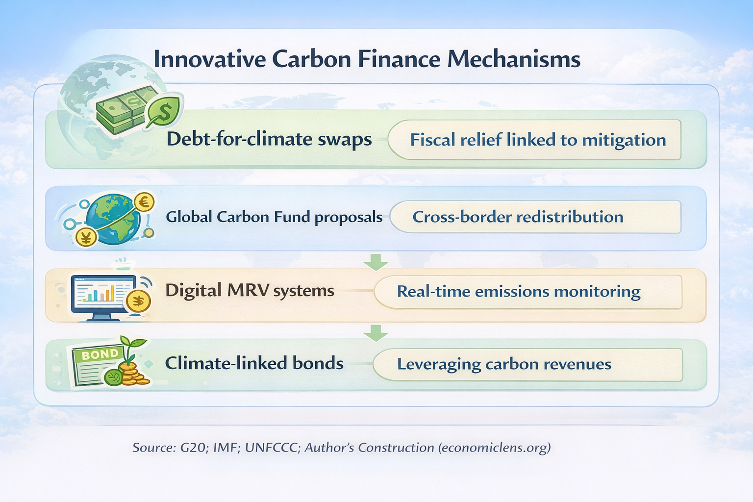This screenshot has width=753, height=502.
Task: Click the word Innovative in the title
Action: coord(210,59)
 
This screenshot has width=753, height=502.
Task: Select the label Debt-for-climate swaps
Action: coord(269,139)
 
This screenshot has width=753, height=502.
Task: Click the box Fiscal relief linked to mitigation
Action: coord(537,140)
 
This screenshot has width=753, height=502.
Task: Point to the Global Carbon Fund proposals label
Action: coord(274,217)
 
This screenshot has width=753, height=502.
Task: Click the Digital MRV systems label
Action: coord(250,290)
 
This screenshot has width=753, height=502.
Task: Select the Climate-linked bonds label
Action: coord(254,363)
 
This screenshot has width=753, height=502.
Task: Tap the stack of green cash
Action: coord(122,110)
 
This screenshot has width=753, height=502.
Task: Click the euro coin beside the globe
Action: coord(144,201)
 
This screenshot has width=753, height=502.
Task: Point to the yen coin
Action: coord(86,237)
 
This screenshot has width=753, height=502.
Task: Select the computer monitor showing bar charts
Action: coord(103,295)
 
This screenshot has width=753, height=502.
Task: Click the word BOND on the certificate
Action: coord(100,354)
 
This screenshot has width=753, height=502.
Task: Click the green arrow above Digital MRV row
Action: coord(376,262)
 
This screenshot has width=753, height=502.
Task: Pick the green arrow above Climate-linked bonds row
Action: coord(376,333)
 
